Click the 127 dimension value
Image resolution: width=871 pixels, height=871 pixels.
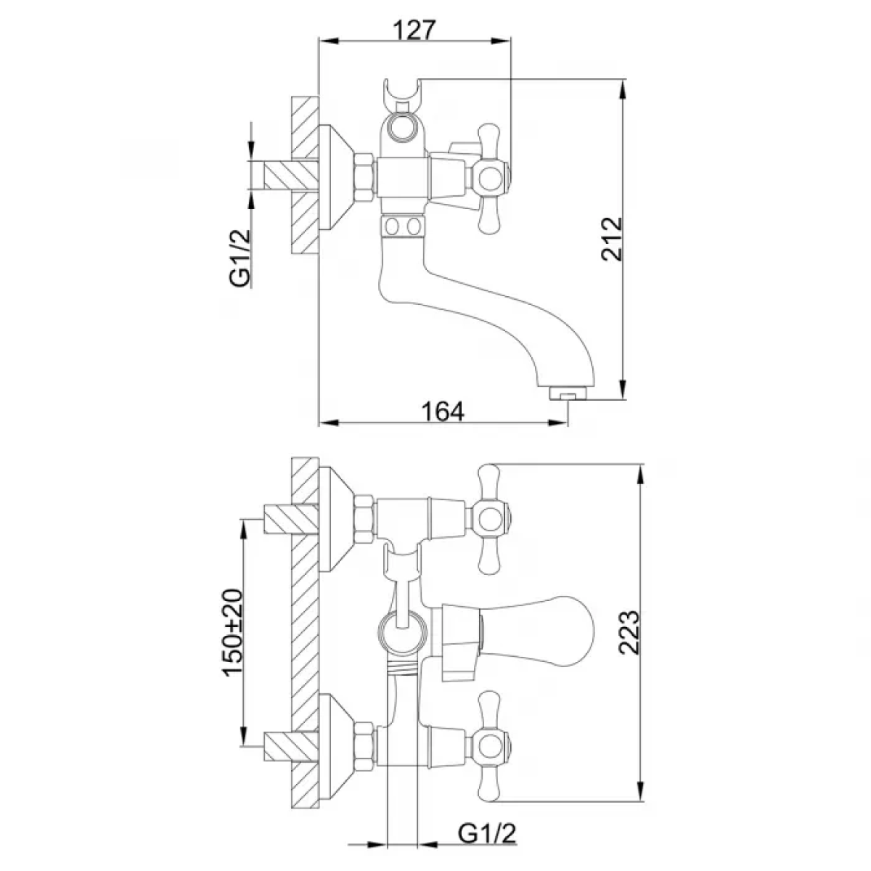point(414,29)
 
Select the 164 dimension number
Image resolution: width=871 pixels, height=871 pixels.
point(443,412)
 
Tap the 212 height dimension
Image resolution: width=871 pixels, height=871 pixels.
point(612,239)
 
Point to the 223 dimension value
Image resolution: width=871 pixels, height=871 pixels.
point(629,632)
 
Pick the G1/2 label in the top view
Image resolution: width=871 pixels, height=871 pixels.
point(240,258)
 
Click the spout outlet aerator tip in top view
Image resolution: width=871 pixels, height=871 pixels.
point(568,393)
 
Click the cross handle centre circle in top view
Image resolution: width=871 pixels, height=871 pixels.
point(491,179)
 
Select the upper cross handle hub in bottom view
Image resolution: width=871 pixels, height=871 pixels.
point(490,520)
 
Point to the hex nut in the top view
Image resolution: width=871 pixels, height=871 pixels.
point(364,178)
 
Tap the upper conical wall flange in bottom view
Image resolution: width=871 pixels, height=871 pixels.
point(337,520)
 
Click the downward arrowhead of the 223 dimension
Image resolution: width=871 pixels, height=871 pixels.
point(641,791)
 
